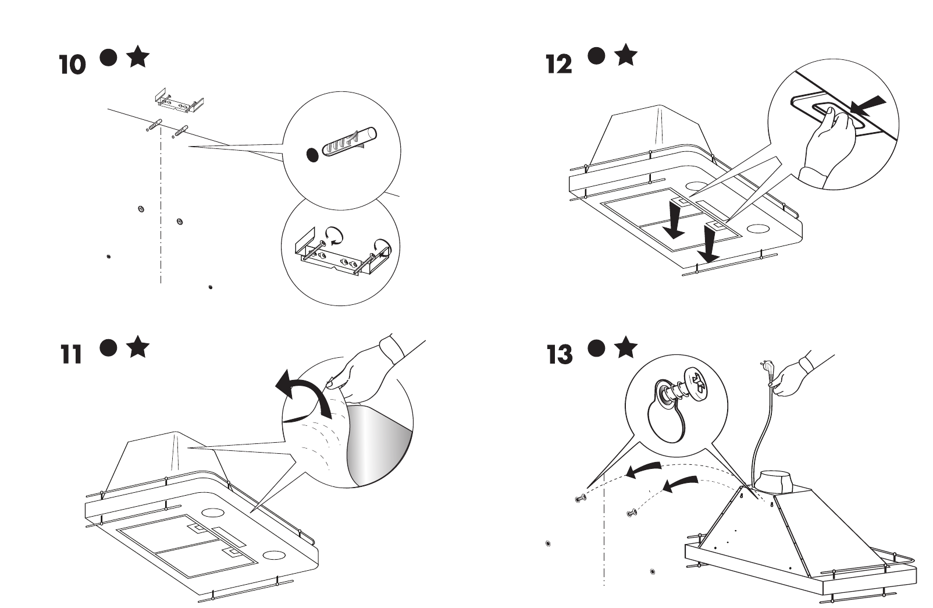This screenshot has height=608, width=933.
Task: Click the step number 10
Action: [72, 65]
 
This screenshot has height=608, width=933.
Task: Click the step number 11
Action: [71, 354]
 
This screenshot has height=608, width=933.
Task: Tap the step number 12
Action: [559, 64]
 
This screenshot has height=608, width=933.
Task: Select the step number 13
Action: [560, 354]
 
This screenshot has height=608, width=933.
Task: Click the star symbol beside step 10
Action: [138, 58]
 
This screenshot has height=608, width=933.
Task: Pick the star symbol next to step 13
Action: [625, 347]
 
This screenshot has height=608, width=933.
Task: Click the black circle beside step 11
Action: [108, 347]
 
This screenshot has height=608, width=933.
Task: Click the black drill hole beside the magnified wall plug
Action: [313, 155]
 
